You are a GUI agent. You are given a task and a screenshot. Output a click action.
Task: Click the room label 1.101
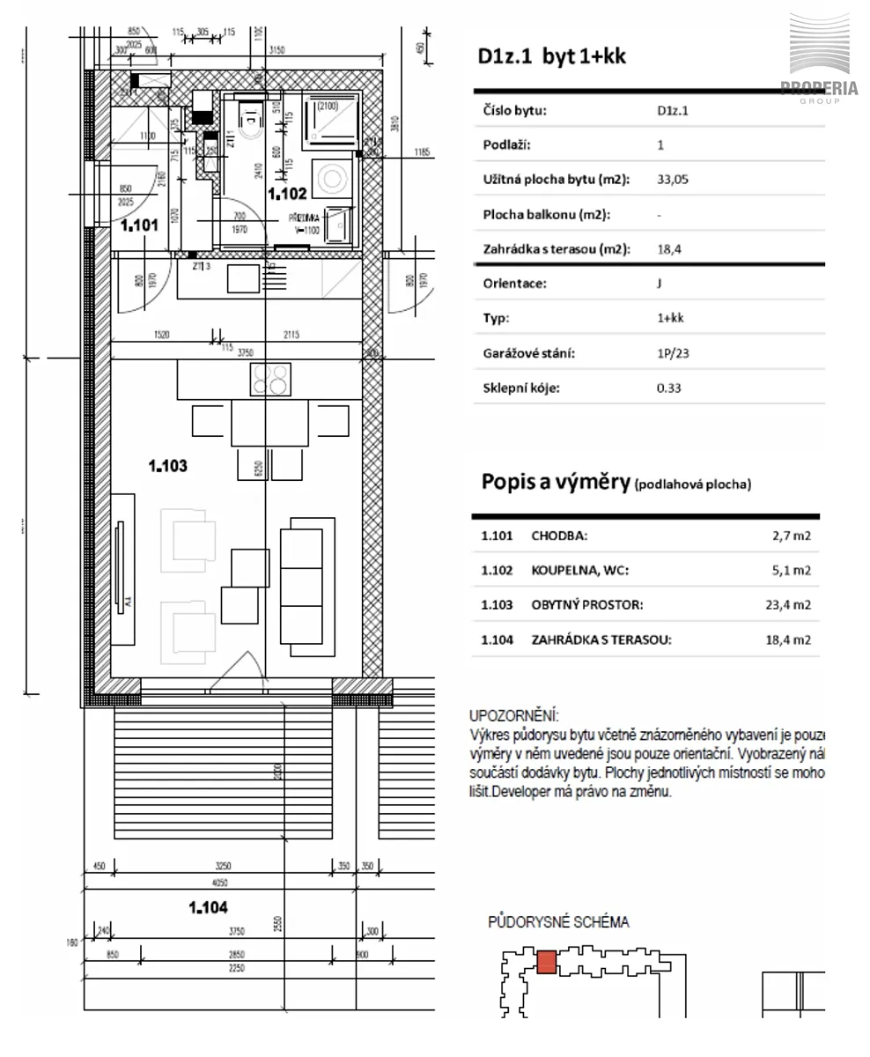click(x=139, y=225)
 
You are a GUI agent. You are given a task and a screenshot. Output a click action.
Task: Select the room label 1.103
click(x=167, y=466)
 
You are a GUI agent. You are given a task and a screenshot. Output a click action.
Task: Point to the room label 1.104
click(x=209, y=906)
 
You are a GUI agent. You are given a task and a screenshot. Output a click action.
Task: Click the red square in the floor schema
click(x=546, y=962)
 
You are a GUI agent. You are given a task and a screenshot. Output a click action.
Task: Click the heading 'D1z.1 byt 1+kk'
click(x=552, y=56)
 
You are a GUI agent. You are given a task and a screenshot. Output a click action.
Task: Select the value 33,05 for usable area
click(x=673, y=180)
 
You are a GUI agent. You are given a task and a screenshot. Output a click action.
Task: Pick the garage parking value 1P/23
click(x=674, y=353)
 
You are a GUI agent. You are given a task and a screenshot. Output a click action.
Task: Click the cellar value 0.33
click(x=669, y=388)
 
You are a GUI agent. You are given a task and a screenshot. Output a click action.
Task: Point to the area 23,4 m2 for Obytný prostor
click(x=791, y=605)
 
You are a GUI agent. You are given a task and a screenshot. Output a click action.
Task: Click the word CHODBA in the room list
click(x=559, y=536)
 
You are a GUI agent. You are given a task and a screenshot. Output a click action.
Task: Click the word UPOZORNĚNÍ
click(x=514, y=716)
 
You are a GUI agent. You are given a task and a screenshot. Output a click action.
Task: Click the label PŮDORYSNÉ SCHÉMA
click(x=558, y=922)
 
